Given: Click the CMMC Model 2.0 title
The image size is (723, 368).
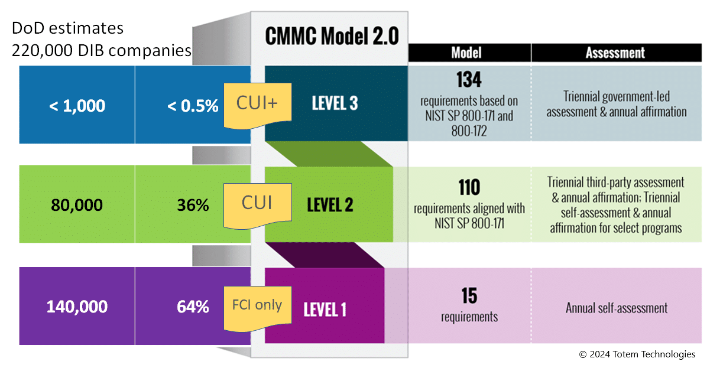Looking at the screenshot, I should (332, 36).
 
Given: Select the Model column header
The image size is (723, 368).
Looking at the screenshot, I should (466, 53).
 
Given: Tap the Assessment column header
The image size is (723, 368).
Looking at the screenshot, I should (615, 53).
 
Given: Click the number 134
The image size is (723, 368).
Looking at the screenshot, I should (469, 80).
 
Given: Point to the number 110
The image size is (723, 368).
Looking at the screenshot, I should (469, 188).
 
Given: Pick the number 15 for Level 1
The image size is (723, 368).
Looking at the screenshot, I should (469, 295).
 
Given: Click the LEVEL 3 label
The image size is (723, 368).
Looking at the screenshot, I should (335, 103).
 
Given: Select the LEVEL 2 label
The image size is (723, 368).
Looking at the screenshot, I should (330, 205).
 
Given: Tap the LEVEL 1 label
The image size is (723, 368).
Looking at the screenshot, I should (325, 309).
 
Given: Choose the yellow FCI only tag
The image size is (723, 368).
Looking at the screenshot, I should (257, 306).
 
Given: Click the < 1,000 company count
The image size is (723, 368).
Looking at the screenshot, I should (77, 106).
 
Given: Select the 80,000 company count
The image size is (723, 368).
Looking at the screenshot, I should (77, 206).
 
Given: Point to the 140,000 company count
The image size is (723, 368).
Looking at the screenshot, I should (77, 307).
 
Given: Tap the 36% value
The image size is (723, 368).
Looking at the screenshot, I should (193, 206).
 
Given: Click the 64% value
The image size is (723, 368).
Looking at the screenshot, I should (193, 307).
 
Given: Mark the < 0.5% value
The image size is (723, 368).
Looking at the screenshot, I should (193, 106).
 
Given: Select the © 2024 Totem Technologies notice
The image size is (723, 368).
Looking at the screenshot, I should (637, 354).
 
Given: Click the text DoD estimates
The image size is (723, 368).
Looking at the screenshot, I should (67, 28).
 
